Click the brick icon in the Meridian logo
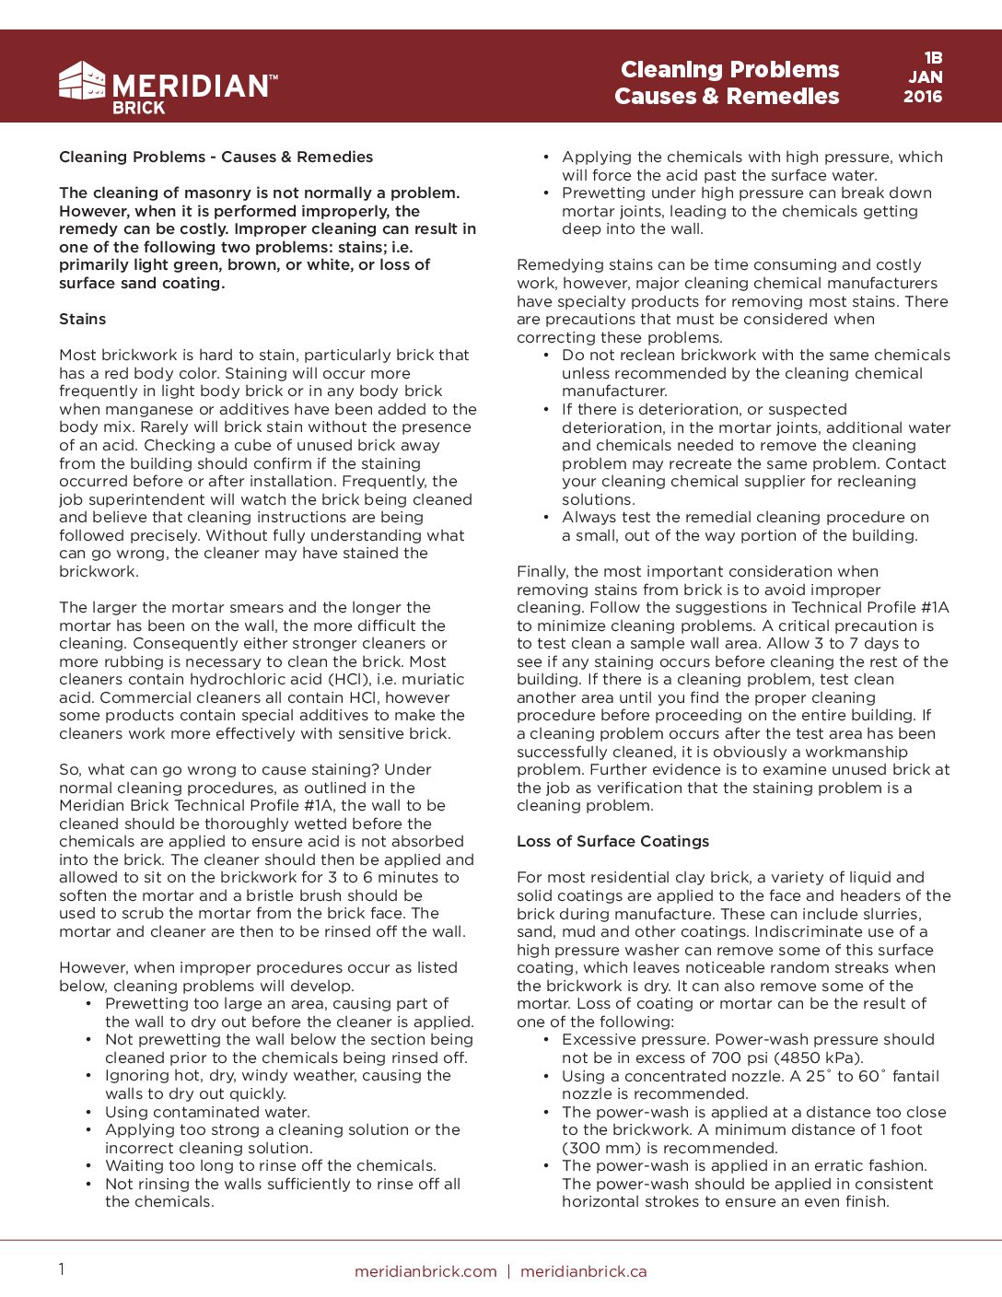(82, 81)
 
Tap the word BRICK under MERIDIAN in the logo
(139, 108)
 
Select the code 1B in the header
(933, 57)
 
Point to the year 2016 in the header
(923, 97)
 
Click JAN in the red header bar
(926, 77)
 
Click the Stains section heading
(83, 319)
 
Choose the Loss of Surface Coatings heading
(612, 841)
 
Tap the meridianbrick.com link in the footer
(425, 1271)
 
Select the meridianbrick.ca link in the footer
(583, 1271)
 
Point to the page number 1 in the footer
(62, 1269)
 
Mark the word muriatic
(429, 679)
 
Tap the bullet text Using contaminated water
(207, 1112)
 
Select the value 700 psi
(692, 1057)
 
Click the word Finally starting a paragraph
(542, 571)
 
